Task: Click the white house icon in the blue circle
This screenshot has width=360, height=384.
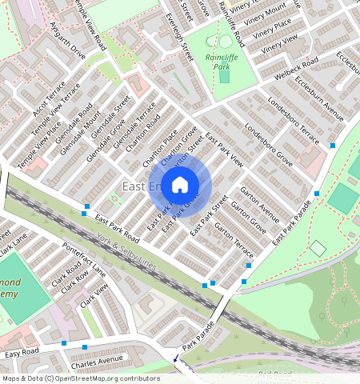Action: pos(180,186)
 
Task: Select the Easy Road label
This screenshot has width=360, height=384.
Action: pos(22,353)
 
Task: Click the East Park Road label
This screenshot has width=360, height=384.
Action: pos(116,228)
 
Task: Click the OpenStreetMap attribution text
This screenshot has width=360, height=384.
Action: pos(80,378)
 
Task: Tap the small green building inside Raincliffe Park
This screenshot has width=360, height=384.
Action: pos(225,77)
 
